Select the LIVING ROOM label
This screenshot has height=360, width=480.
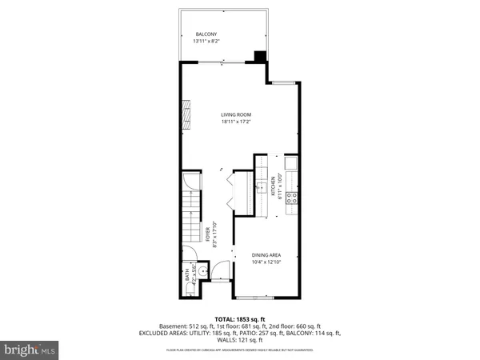236,115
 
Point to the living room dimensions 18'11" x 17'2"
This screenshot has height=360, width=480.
236,122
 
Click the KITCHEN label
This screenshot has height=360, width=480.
273,186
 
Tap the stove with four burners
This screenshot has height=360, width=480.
293,196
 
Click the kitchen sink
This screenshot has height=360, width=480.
261,188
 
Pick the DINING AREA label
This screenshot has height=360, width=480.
266,254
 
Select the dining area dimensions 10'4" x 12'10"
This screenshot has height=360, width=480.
266,262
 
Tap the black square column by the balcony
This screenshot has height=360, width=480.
259,57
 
